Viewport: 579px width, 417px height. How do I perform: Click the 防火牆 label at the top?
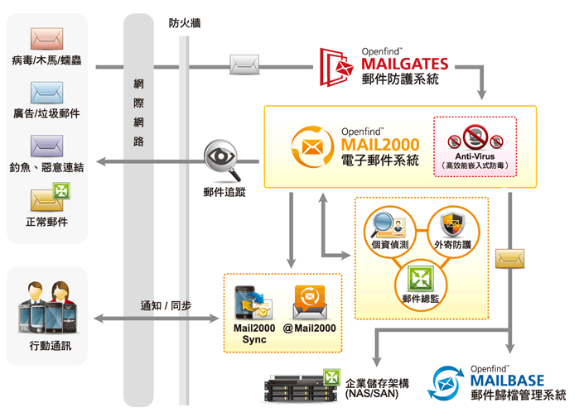185,24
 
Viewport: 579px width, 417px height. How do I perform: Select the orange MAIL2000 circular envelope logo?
313,149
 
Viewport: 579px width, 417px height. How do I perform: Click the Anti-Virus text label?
475,156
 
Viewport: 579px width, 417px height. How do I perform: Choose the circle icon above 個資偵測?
385,224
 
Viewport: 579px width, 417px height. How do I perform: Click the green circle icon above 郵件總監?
419,276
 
